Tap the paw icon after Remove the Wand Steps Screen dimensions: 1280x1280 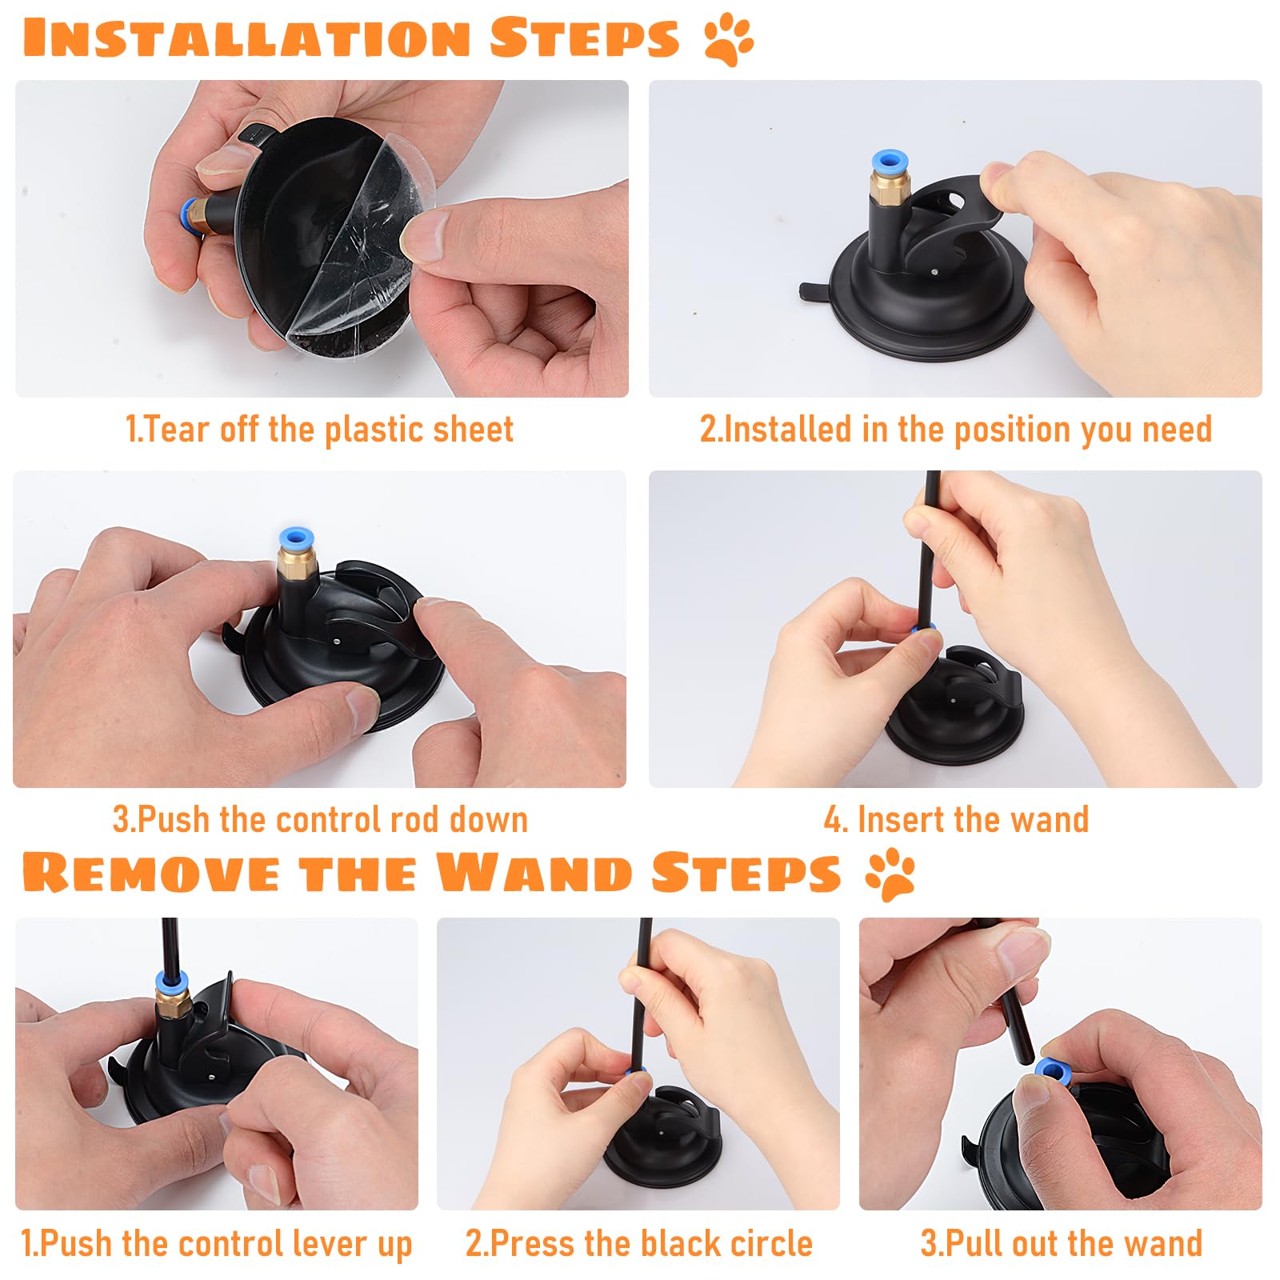(890, 874)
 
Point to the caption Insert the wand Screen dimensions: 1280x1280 (956, 820)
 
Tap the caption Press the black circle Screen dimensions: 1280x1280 (638, 1244)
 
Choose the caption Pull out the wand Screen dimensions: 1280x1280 (1061, 1244)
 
